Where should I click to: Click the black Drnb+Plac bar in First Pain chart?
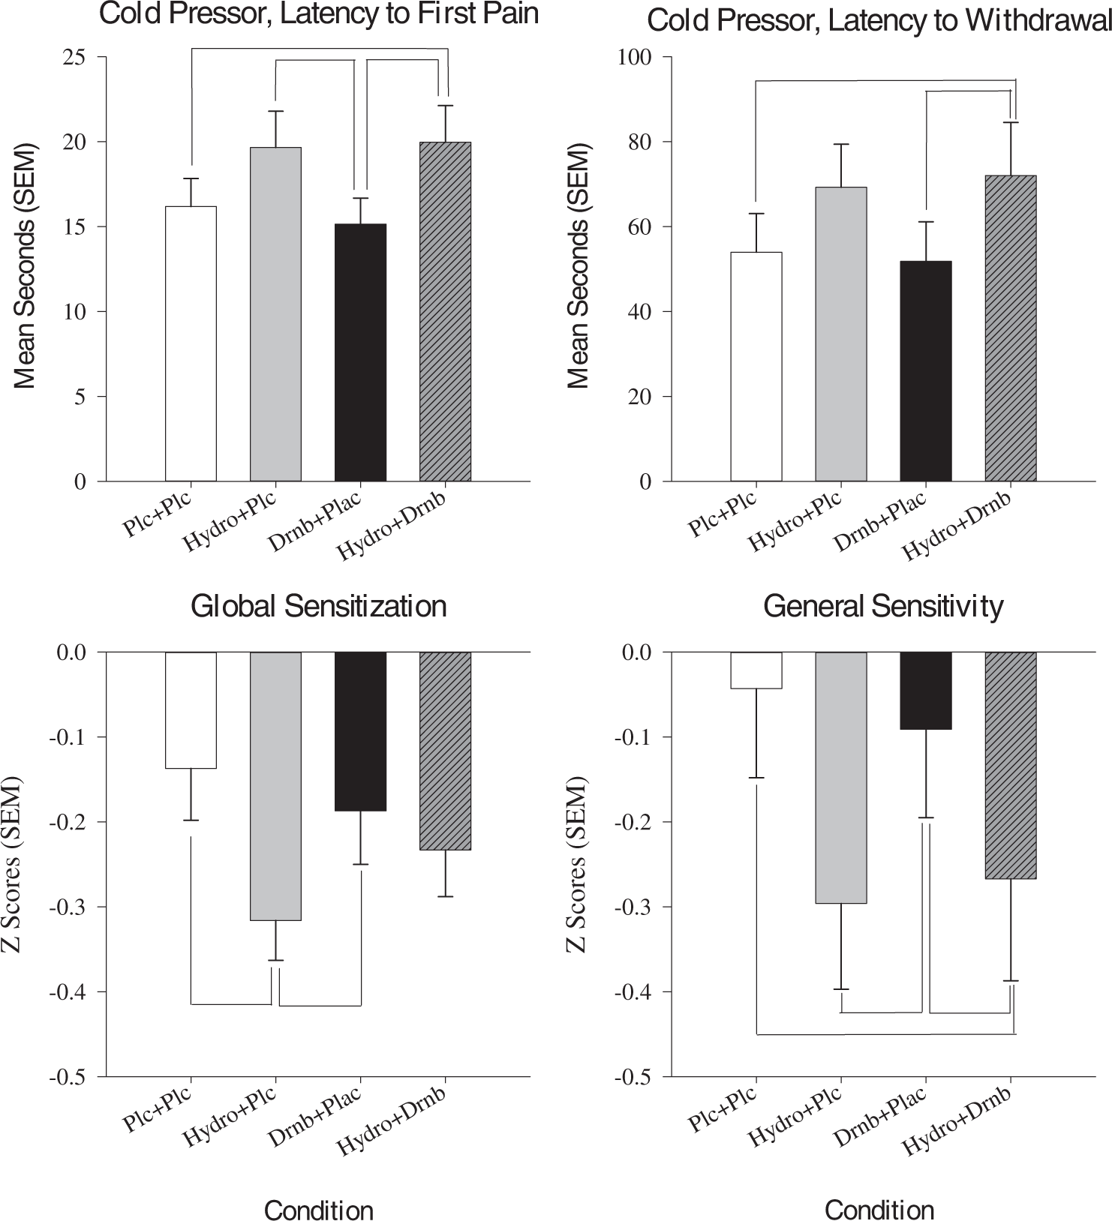361,352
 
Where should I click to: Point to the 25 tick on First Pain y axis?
74,57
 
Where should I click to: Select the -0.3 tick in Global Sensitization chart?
68,907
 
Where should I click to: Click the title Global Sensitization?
319,606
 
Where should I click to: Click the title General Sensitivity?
883,606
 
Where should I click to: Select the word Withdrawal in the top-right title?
1038,21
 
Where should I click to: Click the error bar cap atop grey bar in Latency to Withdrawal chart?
840,144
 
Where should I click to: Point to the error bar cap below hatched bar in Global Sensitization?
446,896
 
